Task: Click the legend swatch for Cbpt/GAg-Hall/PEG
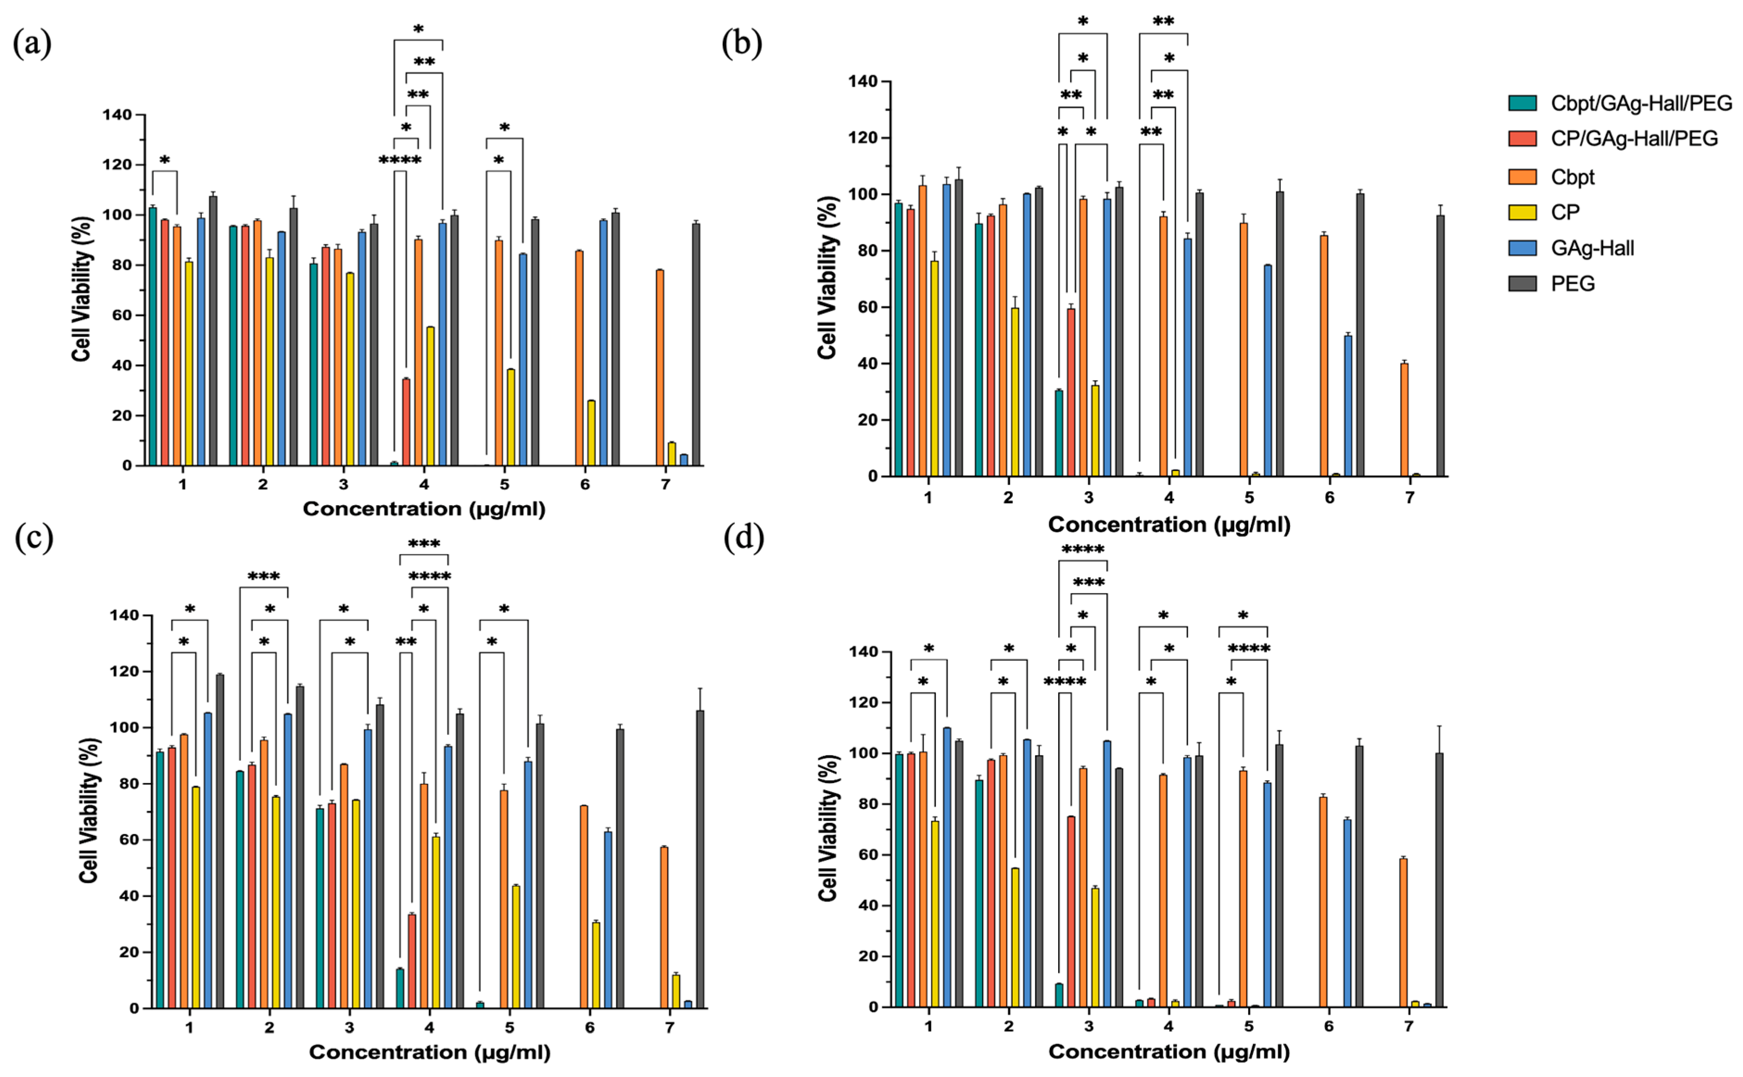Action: (1522, 103)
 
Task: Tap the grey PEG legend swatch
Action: (1522, 283)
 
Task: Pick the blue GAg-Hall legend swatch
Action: (1522, 248)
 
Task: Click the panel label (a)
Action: (32, 44)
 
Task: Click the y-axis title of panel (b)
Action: (827, 278)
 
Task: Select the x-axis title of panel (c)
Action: (429, 1052)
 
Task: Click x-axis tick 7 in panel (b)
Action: (1409, 498)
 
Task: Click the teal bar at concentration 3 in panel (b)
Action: (1059, 433)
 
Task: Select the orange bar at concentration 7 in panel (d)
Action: (1403, 933)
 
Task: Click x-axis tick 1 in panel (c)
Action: (189, 1028)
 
